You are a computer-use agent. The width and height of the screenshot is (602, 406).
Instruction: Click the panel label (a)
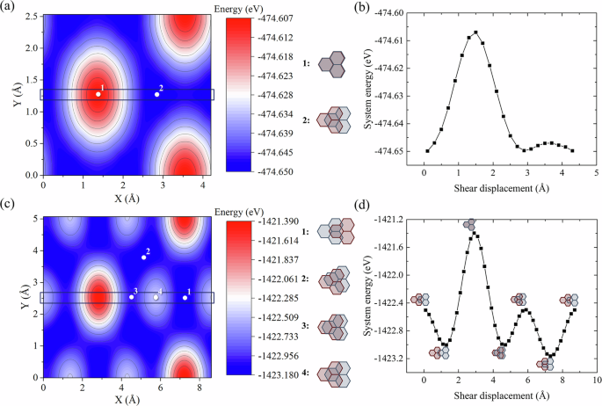click(x=8, y=9)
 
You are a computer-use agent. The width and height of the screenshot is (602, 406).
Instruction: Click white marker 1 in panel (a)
click(x=98, y=94)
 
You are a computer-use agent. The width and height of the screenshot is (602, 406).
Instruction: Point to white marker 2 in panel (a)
click(x=156, y=94)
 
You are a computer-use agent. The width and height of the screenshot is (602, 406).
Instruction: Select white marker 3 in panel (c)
click(x=131, y=297)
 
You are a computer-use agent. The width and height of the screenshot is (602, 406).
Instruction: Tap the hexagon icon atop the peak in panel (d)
click(x=471, y=224)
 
